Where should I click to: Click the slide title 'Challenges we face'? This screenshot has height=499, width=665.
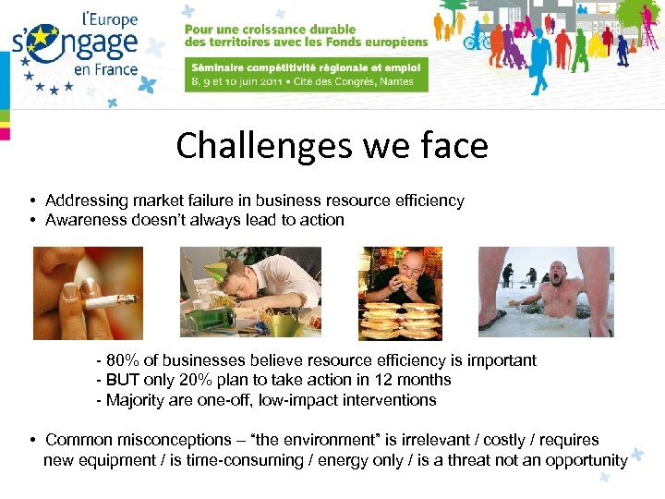coord(332,145)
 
